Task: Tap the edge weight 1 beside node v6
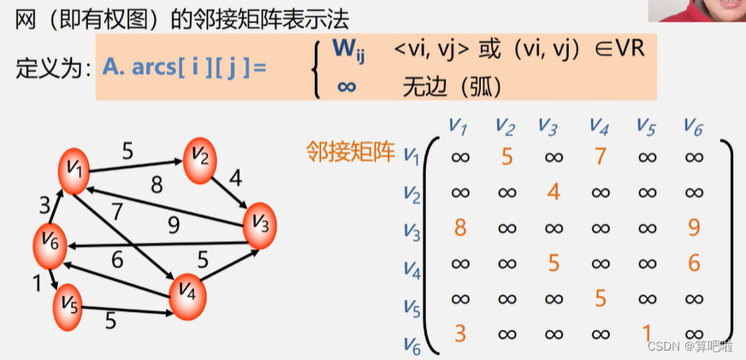point(37,281)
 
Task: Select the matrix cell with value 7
point(600,156)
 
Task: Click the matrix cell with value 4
point(554,192)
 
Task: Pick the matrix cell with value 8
point(459,227)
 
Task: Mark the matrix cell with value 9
point(694,227)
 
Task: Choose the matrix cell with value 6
point(694,263)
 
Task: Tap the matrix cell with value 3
point(459,333)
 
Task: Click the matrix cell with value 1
point(647,333)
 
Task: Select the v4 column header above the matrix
point(599,126)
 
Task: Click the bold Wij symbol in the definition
point(348,51)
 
